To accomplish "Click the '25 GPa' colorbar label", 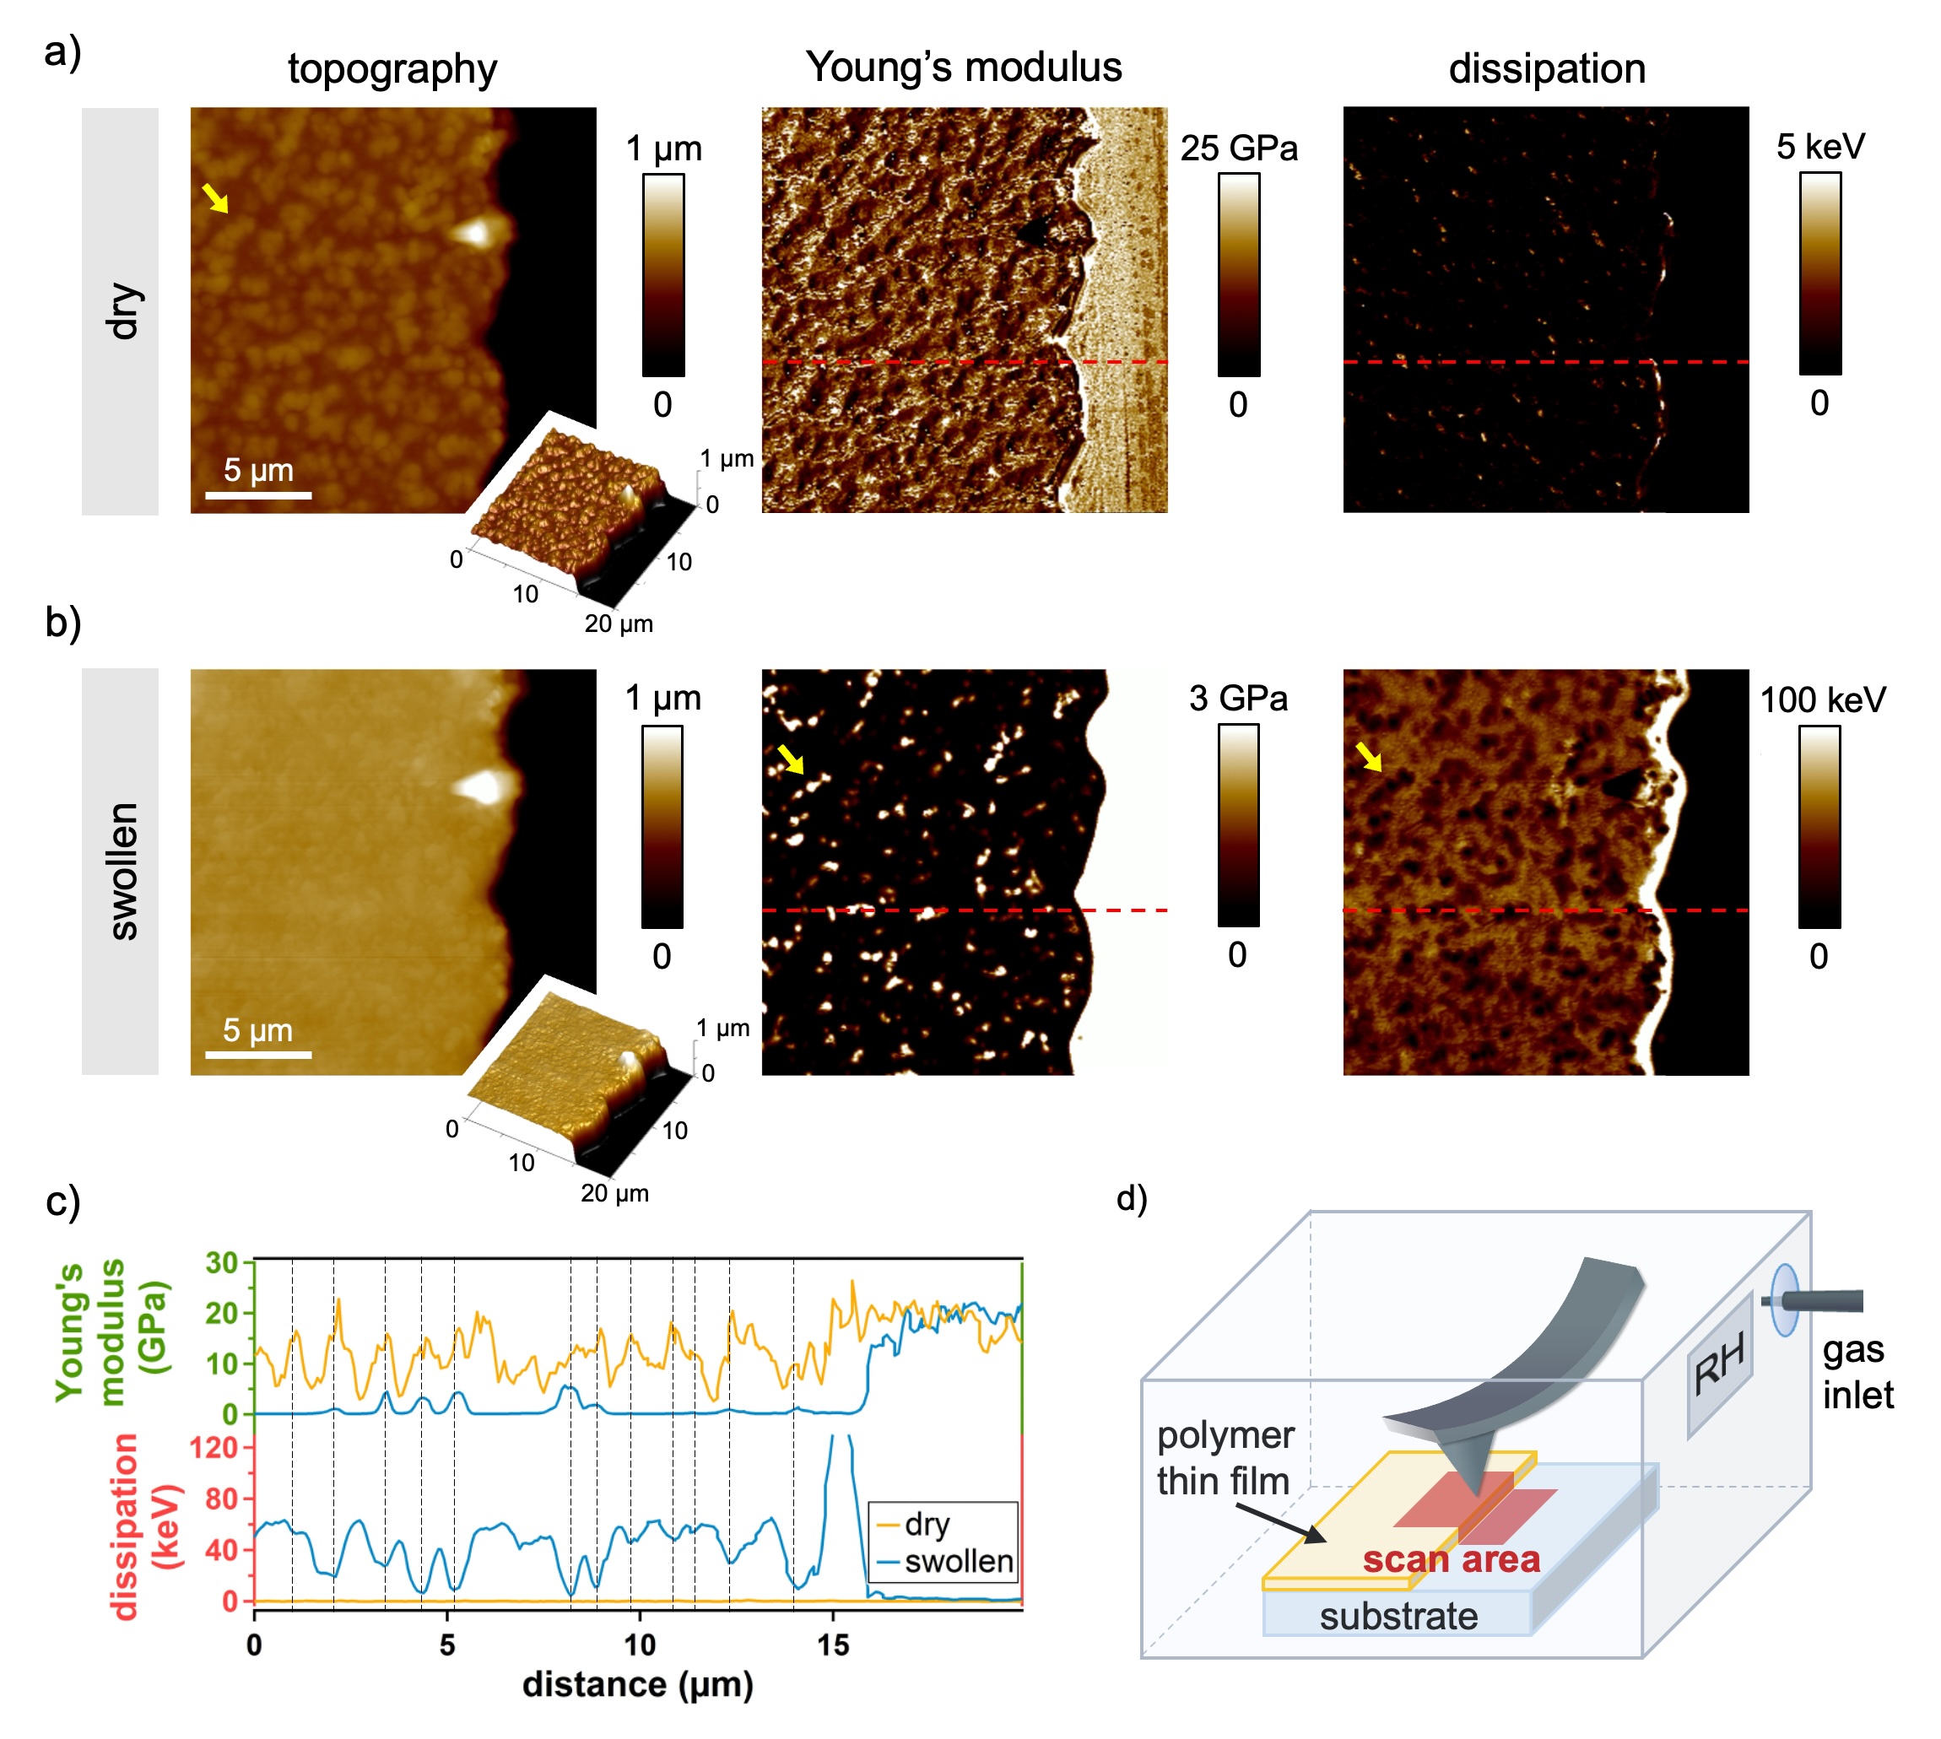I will tap(1238, 149).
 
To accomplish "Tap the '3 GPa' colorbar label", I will tap(1238, 698).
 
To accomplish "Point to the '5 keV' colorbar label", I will tap(1819, 146).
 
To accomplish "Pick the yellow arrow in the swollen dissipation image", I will tap(1370, 757).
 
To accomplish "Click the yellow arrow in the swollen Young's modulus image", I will tap(791, 759).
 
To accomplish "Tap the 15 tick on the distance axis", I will tap(832, 1644).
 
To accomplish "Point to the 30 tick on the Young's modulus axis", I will tap(222, 1263).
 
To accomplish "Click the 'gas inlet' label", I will tap(1856, 1372).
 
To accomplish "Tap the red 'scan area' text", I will tap(1451, 1559).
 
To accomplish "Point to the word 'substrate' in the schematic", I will tap(1398, 1616).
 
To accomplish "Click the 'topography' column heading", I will tap(392, 69).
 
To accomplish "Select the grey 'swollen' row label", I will tap(121, 871).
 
